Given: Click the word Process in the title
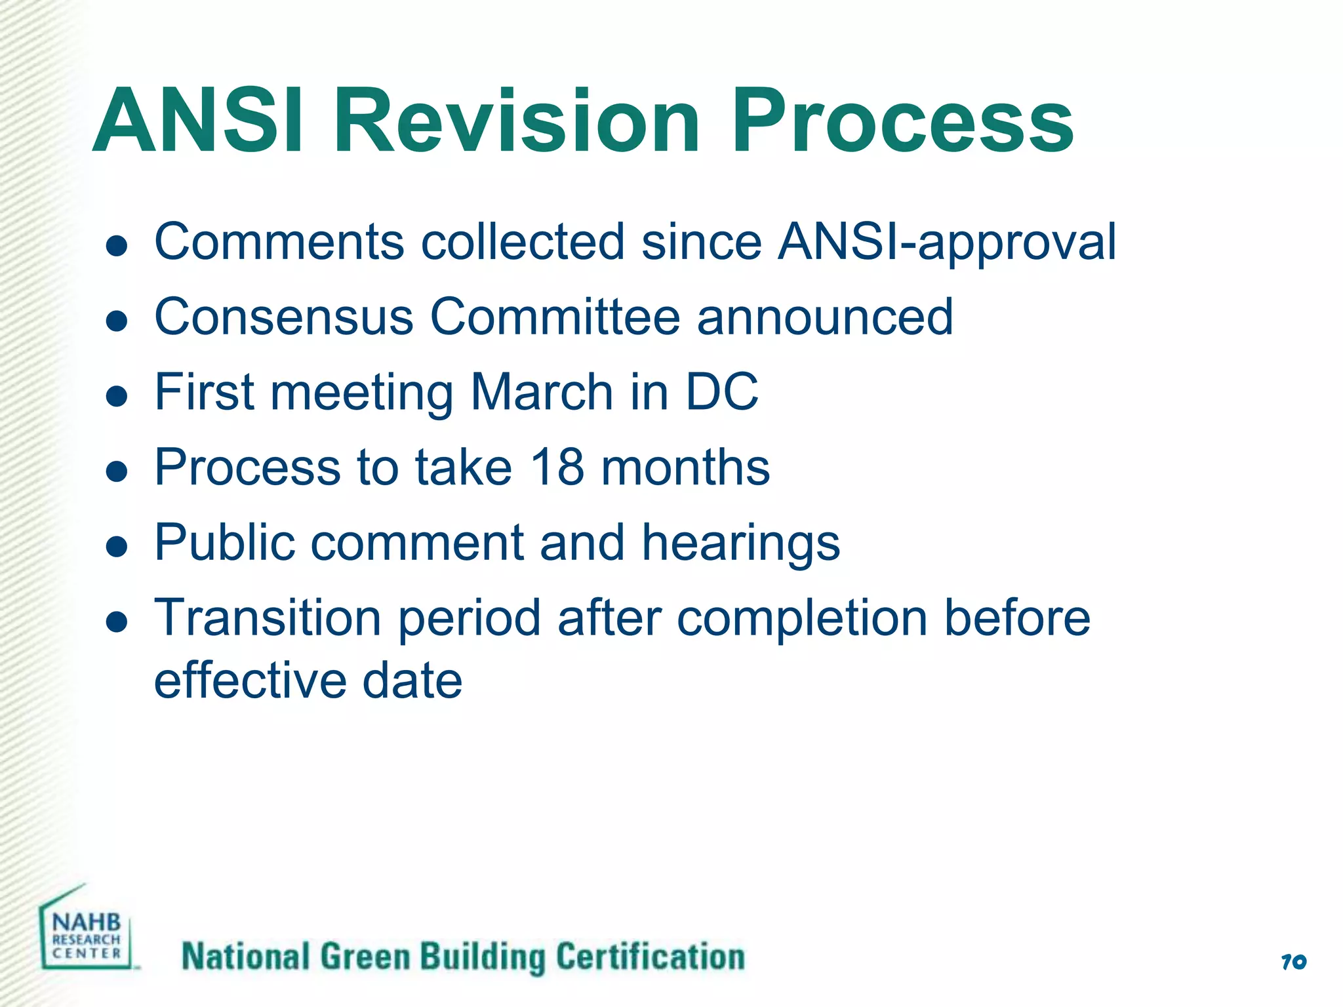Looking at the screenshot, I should [x=902, y=121].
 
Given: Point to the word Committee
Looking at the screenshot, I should [x=555, y=317].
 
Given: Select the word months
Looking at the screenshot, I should [x=685, y=467].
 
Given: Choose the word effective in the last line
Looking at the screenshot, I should [x=250, y=681].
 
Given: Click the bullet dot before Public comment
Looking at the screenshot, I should [x=117, y=546].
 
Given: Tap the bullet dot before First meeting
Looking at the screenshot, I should [x=117, y=396].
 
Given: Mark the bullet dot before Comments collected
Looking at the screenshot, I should [x=117, y=246].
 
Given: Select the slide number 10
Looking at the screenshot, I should [x=1293, y=962].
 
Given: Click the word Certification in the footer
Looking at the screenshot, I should [x=650, y=957].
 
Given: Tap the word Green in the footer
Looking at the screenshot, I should [x=364, y=957].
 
